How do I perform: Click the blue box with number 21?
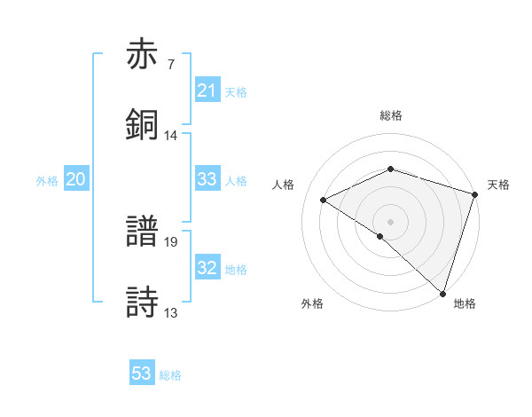tap(207, 90)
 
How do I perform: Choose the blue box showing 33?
tap(207, 179)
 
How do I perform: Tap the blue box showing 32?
tap(207, 268)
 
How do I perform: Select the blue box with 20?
tap(75, 179)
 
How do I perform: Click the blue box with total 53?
tap(142, 374)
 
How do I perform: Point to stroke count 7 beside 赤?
tap(171, 65)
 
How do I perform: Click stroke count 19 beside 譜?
tap(171, 241)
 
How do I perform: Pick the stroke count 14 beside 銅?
tap(171, 135)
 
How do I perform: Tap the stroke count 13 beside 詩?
tap(171, 311)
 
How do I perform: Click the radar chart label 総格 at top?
tap(391, 115)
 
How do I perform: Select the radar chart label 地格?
tap(465, 303)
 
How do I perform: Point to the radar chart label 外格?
tap(312, 303)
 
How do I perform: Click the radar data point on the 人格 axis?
tap(325, 200)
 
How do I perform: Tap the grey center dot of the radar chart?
tap(391, 221)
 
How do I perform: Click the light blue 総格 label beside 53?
tap(170, 375)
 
